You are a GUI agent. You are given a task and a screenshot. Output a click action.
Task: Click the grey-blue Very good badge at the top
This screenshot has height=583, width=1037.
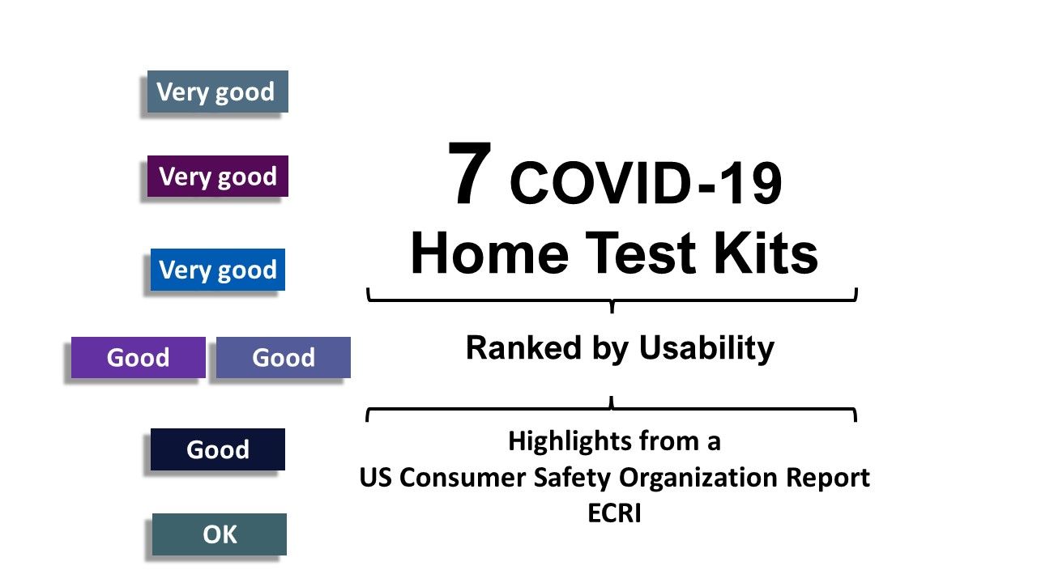pos(216,91)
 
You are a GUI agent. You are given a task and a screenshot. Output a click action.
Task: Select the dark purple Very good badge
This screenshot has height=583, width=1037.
pos(217,177)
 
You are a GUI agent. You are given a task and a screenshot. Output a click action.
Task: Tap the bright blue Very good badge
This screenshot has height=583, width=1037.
pos(217,270)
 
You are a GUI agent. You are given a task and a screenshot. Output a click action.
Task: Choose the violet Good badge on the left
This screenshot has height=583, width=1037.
pos(138,358)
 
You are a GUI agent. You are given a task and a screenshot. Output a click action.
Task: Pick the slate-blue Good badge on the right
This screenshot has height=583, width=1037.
pos(283,358)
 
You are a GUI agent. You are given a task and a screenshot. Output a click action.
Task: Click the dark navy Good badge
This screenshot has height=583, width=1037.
pos(217,449)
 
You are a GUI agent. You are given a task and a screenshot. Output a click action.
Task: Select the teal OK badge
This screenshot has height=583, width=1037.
pos(219,534)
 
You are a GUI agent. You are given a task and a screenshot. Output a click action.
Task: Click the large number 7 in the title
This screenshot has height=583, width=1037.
pos(470,176)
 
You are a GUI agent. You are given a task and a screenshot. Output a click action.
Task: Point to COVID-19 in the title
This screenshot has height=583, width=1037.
pos(646,184)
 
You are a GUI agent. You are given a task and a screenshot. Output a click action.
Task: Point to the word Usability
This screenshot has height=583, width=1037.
pos(706,348)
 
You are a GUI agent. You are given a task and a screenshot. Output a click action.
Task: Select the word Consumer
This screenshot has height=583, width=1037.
pos(464,478)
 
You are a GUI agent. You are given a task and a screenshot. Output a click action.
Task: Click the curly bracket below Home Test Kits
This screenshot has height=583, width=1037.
pos(612,300)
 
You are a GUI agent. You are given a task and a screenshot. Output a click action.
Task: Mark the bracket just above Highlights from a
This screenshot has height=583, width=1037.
pos(612,410)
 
